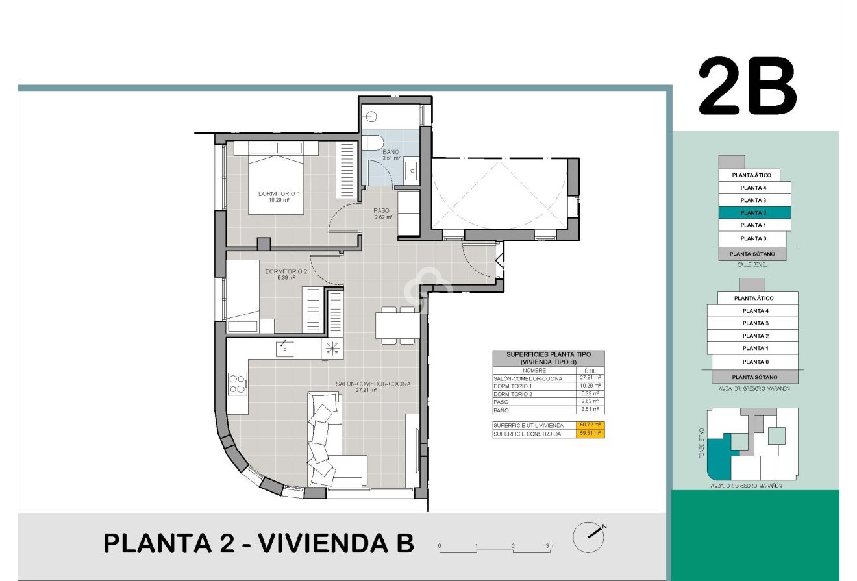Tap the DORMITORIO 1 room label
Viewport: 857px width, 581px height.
click(279, 193)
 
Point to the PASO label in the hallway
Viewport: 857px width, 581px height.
click(381, 210)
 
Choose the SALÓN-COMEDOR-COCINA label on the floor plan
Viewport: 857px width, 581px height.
click(373, 384)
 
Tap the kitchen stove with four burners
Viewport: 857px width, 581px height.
click(237, 384)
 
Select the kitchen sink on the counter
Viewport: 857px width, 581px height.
click(284, 348)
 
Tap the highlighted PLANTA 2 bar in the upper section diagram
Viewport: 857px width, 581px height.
click(754, 213)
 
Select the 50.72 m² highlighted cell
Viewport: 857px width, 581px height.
click(590, 425)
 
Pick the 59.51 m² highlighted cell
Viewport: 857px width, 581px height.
click(590, 434)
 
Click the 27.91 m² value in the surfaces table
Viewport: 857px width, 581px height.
click(590, 378)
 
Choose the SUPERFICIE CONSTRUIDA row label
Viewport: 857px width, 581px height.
click(527, 434)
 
